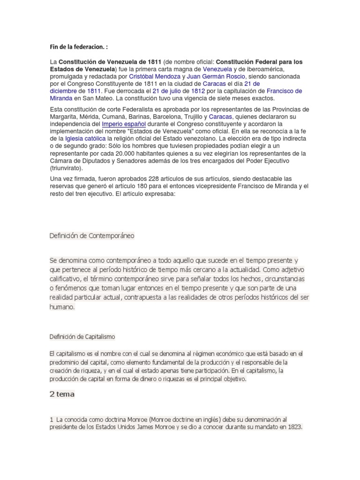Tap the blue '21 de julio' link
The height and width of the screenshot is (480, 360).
pos(168,91)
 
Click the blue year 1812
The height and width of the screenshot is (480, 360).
pos(196,91)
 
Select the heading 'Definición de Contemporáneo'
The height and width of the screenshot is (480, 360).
pos(92,236)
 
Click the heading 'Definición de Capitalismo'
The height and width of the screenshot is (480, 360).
pos(82,337)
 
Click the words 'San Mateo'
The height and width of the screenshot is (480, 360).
pos(97,99)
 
